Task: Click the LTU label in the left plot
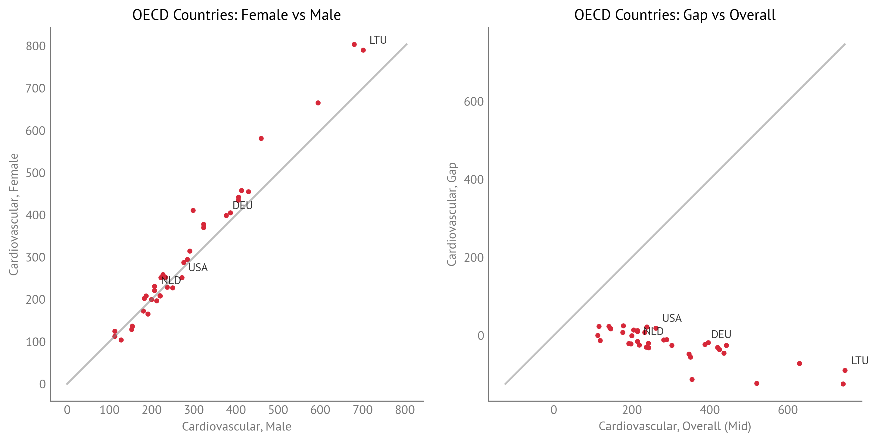point(378,40)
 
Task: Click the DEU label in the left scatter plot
point(242,206)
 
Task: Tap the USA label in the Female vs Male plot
point(198,268)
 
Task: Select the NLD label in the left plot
point(171,281)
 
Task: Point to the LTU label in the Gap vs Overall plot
point(860,361)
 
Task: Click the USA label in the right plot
point(671,318)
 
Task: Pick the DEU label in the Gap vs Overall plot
point(721,334)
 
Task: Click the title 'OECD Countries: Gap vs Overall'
point(674,15)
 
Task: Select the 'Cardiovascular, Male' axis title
point(237,426)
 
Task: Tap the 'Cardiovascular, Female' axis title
point(14,214)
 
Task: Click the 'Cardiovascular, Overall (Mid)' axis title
point(674,426)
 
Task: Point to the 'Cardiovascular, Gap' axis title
point(452,214)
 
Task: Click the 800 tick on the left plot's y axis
point(36,46)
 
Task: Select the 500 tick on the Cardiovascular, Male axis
point(278,410)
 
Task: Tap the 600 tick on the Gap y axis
point(473,102)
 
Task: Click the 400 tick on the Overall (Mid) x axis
point(710,410)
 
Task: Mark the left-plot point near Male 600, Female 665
point(318,103)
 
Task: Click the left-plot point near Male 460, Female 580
point(261,139)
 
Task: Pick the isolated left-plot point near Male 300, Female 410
point(193,210)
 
